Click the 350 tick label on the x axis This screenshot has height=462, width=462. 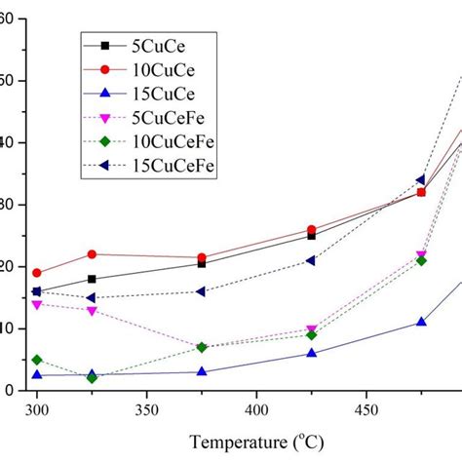pyautogui.click(x=146, y=409)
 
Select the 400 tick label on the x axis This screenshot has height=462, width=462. pyautogui.click(x=256, y=409)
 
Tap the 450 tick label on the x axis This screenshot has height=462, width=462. pyautogui.click(x=366, y=409)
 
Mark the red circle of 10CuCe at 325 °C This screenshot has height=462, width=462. pyautogui.click(x=92, y=254)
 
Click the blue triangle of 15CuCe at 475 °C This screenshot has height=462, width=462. pyautogui.click(x=421, y=322)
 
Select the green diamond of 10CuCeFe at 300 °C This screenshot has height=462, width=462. pyautogui.click(x=37, y=360)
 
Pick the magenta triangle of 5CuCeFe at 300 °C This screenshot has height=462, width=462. pyautogui.click(x=37, y=304)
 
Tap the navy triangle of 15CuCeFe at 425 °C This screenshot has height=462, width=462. pyautogui.click(x=311, y=260)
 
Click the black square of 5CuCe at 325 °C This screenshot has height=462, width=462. pyautogui.click(x=92, y=279)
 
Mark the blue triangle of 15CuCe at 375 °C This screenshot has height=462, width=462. pyautogui.click(x=202, y=371)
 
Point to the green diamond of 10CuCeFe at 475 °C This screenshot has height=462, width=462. pyautogui.click(x=421, y=260)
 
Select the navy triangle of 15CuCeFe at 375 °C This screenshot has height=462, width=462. pyautogui.click(x=202, y=291)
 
